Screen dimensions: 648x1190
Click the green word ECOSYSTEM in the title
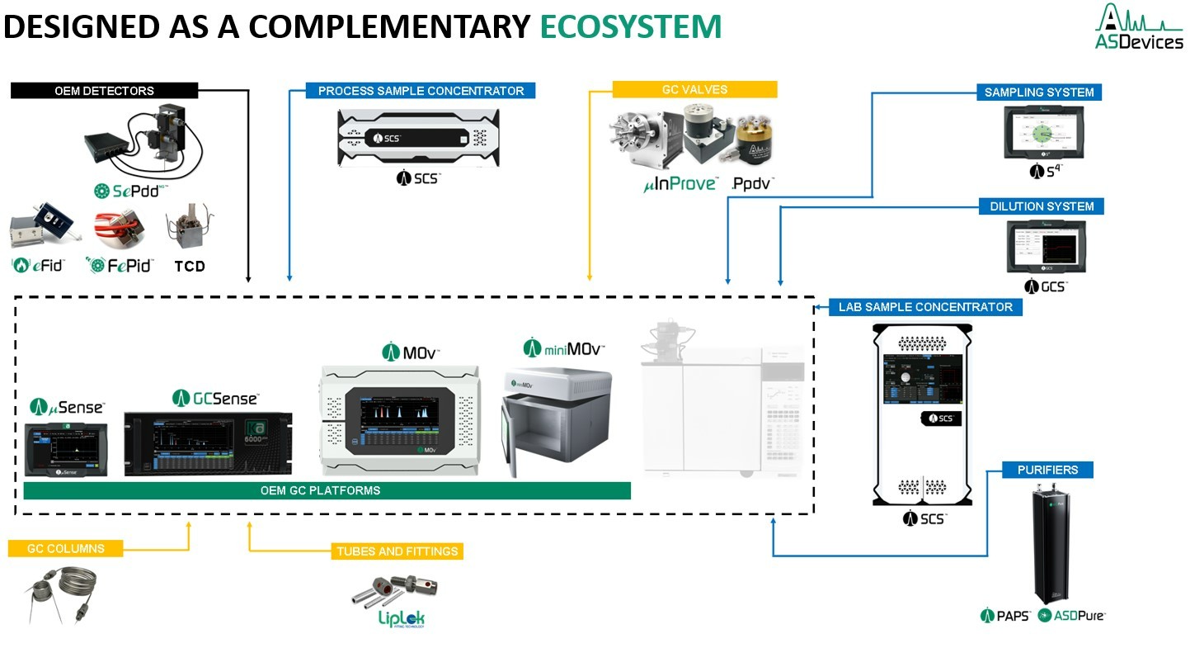pyautogui.click(x=631, y=26)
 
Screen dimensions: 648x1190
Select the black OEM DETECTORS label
pyautogui.click(x=104, y=91)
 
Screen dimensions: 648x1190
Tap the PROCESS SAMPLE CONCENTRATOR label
pyautogui.click(x=421, y=91)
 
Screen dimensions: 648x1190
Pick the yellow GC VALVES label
pyautogui.click(x=694, y=90)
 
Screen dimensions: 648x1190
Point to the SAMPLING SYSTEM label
pyautogui.click(x=1039, y=92)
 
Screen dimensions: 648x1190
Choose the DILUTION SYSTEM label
pyautogui.click(x=1042, y=206)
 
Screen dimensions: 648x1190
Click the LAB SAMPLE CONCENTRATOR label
pyautogui.click(x=925, y=307)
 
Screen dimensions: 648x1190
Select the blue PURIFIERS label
pyautogui.click(x=1047, y=470)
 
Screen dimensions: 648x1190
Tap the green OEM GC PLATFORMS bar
pyautogui.click(x=327, y=490)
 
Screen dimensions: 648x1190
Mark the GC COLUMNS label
pyautogui.click(x=66, y=548)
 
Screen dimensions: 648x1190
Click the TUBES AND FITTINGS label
pyautogui.click(x=397, y=551)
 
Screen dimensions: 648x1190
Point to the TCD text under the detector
pyautogui.click(x=190, y=266)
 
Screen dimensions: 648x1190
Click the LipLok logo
pyautogui.click(x=402, y=619)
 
